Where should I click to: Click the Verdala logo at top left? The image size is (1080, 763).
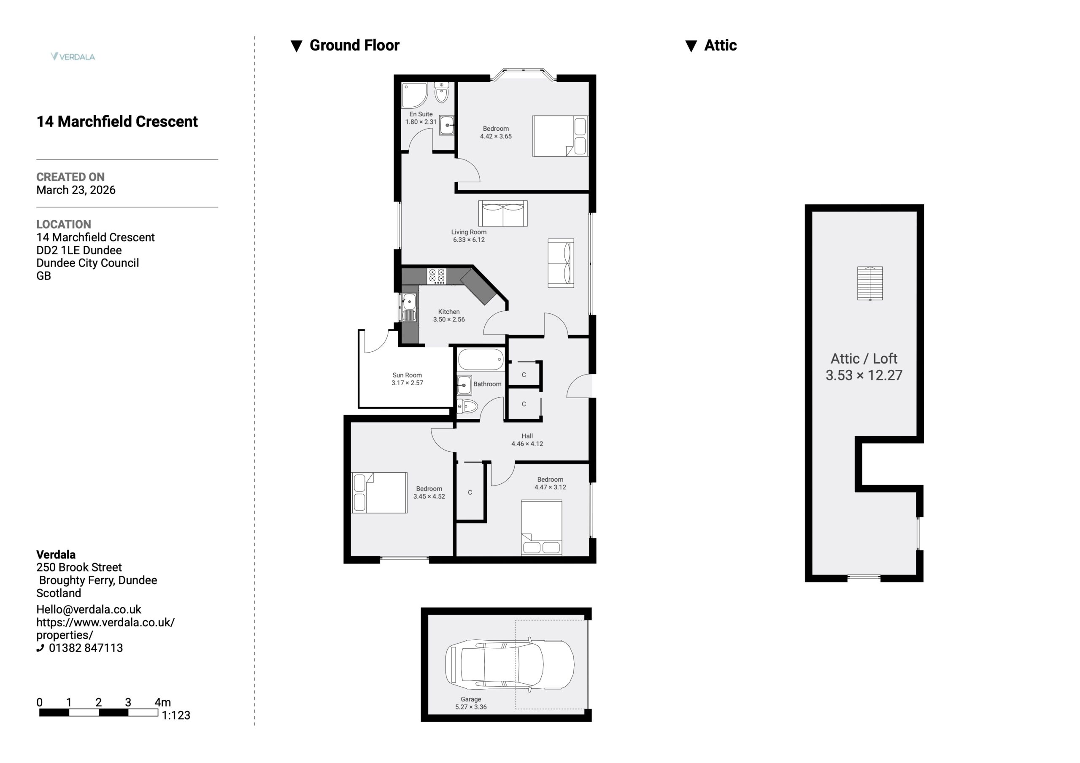coord(73,57)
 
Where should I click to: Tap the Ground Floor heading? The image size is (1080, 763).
coord(354,45)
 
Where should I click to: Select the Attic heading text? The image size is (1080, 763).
coord(720,45)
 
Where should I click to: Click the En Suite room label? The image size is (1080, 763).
coord(421,114)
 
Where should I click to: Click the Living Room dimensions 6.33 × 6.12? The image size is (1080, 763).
coord(469,240)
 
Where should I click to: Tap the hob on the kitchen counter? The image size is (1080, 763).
coord(436,276)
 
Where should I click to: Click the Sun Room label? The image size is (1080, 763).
coord(408,375)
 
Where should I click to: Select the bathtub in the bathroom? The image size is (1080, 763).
coord(481,360)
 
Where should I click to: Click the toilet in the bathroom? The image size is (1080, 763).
coord(467,406)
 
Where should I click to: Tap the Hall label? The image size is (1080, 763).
coord(527,436)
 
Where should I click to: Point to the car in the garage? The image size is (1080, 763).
coord(510,664)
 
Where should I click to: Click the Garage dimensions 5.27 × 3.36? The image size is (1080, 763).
coord(471,707)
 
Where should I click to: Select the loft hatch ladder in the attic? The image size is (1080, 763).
coord(870,283)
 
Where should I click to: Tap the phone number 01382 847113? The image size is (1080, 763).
coord(86,648)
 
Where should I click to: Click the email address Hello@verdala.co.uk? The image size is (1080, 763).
coord(89,609)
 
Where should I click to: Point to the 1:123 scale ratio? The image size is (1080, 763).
coord(176,715)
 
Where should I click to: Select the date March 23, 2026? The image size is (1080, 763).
coord(76,190)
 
